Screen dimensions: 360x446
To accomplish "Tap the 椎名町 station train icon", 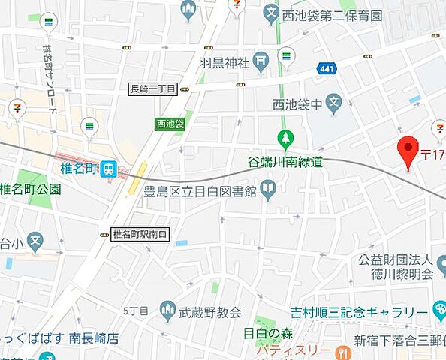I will coord(110,170).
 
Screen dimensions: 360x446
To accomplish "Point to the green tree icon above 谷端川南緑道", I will coord(285,139).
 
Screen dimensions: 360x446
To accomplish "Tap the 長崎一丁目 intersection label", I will coord(153,89).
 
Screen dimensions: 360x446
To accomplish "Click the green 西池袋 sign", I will coord(170,124).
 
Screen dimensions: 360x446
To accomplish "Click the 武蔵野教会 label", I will coord(210,311).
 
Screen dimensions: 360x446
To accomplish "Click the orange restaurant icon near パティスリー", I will coord(343,351).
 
